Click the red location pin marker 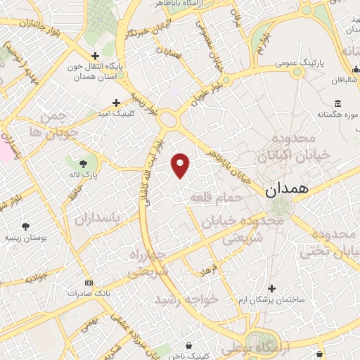[181, 165]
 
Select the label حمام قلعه [215, 199]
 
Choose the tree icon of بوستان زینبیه [26, 226]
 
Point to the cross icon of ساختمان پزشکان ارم [272, 288]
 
